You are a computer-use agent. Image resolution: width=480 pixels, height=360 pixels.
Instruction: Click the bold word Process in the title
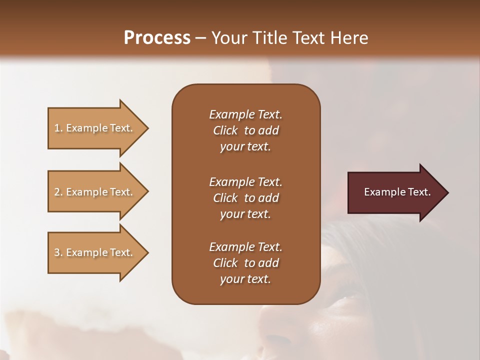(x=157, y=37)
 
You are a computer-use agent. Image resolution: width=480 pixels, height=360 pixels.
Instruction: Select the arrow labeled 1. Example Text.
(x=95, y=128)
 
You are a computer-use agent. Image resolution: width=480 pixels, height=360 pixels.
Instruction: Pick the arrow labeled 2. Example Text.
(x=95, y=192)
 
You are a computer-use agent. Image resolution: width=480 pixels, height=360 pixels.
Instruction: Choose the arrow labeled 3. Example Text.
(x=95, y=252)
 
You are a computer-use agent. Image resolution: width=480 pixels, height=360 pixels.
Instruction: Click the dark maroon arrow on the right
(x=395, y=192)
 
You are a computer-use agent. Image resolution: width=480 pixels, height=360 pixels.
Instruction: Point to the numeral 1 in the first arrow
(x=57, y=128)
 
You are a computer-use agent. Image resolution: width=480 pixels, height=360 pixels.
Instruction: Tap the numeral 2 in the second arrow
(x=57, y=192)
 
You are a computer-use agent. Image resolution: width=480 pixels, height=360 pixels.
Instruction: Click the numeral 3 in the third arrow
(x=57, y=252)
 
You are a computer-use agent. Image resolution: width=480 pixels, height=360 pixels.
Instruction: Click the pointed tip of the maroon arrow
(x=446, y=192)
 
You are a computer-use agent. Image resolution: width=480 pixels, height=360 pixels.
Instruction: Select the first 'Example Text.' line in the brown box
(x=245, y=114)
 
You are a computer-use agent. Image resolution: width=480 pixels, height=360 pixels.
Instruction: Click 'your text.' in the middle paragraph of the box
(x=245, y=214)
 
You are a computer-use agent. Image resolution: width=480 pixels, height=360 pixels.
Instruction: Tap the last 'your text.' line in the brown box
(x=245, y=279)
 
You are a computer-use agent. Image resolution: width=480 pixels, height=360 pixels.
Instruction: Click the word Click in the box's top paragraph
(x=225, y=130)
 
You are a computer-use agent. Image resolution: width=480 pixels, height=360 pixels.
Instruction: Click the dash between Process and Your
(x=201, y=38)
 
